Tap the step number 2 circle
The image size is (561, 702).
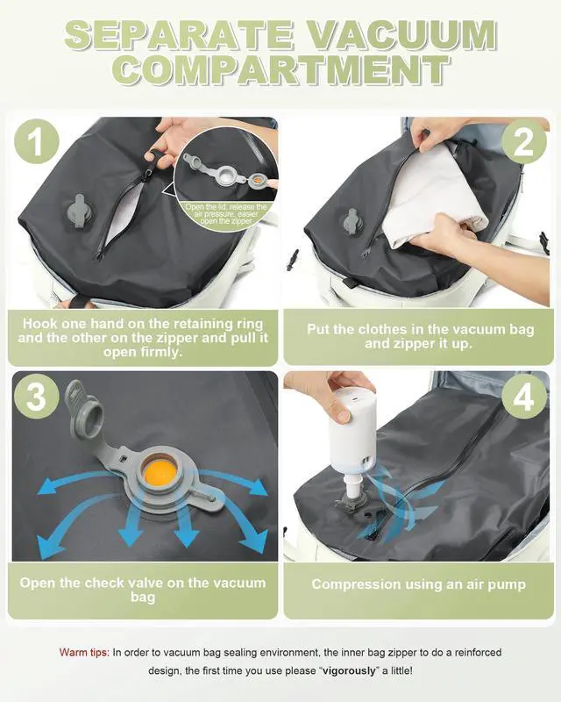(x=523, y=143)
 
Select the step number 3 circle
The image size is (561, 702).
(x=35, y=397)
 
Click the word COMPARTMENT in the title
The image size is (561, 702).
(x=280, y=70)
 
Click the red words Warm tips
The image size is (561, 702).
(x=83, y=653)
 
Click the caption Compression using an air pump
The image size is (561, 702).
(x=418, y=584)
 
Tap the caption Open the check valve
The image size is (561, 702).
(x=143, y=591)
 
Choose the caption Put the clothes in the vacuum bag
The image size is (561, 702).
(x=418, y=337)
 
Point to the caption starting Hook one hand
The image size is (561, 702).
(x=143, y=337)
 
